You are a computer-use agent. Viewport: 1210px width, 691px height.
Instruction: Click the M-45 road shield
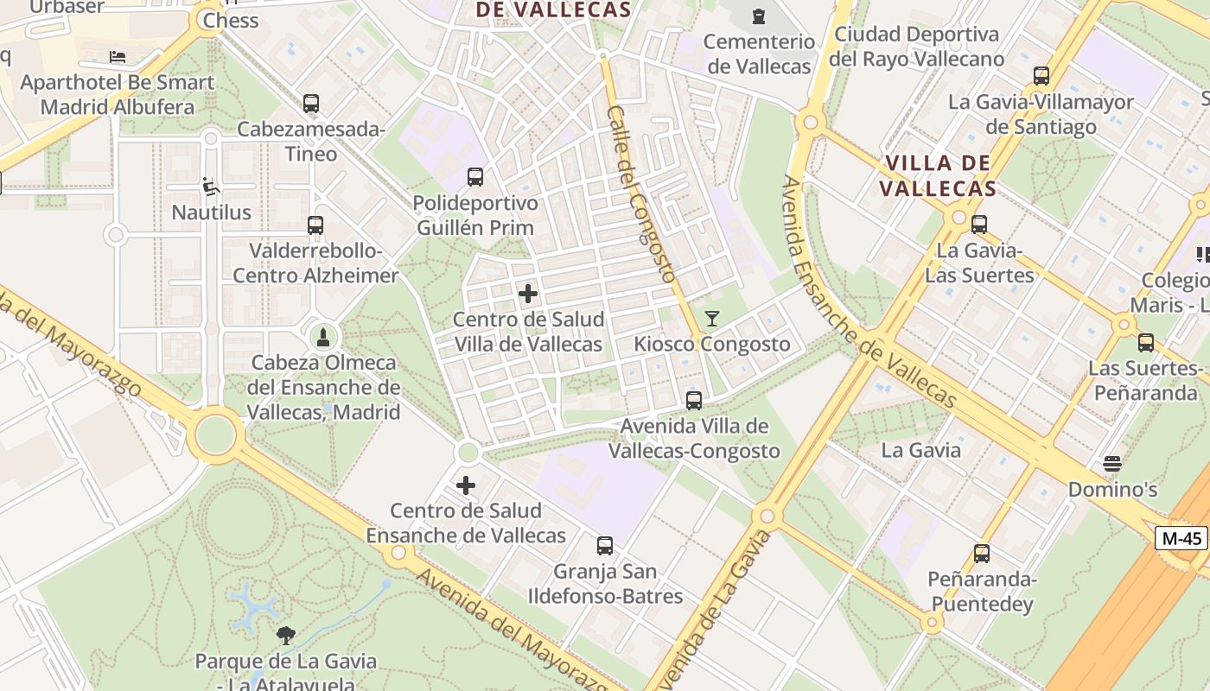1181,538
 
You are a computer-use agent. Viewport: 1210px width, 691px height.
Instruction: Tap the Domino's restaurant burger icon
1112,464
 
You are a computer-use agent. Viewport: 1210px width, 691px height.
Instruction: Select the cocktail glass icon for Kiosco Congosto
711,319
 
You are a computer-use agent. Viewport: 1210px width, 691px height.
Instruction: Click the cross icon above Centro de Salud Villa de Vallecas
528,294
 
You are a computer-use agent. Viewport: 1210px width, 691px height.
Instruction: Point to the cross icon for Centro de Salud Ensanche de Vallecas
466,485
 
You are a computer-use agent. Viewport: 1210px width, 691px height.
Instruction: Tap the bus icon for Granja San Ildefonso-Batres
605,546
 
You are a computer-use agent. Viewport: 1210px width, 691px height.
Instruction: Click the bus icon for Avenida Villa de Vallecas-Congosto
694,401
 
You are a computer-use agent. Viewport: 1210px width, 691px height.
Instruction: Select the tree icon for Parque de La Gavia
285,637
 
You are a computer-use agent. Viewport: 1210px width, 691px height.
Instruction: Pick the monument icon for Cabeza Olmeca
323,337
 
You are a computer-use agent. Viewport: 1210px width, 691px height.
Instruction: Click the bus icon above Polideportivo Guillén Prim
475,178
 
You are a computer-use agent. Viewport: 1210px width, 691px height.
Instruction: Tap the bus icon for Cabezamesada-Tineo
311,104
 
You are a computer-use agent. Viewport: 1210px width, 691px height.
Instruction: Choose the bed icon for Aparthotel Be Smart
118,57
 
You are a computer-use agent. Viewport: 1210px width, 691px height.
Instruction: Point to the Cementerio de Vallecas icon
759,16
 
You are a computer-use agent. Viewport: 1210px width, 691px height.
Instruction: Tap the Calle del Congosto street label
640,194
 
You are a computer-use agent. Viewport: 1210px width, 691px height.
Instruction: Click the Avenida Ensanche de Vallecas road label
868,294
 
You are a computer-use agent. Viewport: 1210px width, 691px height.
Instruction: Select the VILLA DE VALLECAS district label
939,175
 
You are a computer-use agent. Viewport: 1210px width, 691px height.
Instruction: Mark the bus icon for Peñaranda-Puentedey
981,554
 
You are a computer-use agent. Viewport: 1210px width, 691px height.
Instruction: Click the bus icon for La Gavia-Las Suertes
979,225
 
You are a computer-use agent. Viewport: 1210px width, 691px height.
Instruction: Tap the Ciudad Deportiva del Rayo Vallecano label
916,47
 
